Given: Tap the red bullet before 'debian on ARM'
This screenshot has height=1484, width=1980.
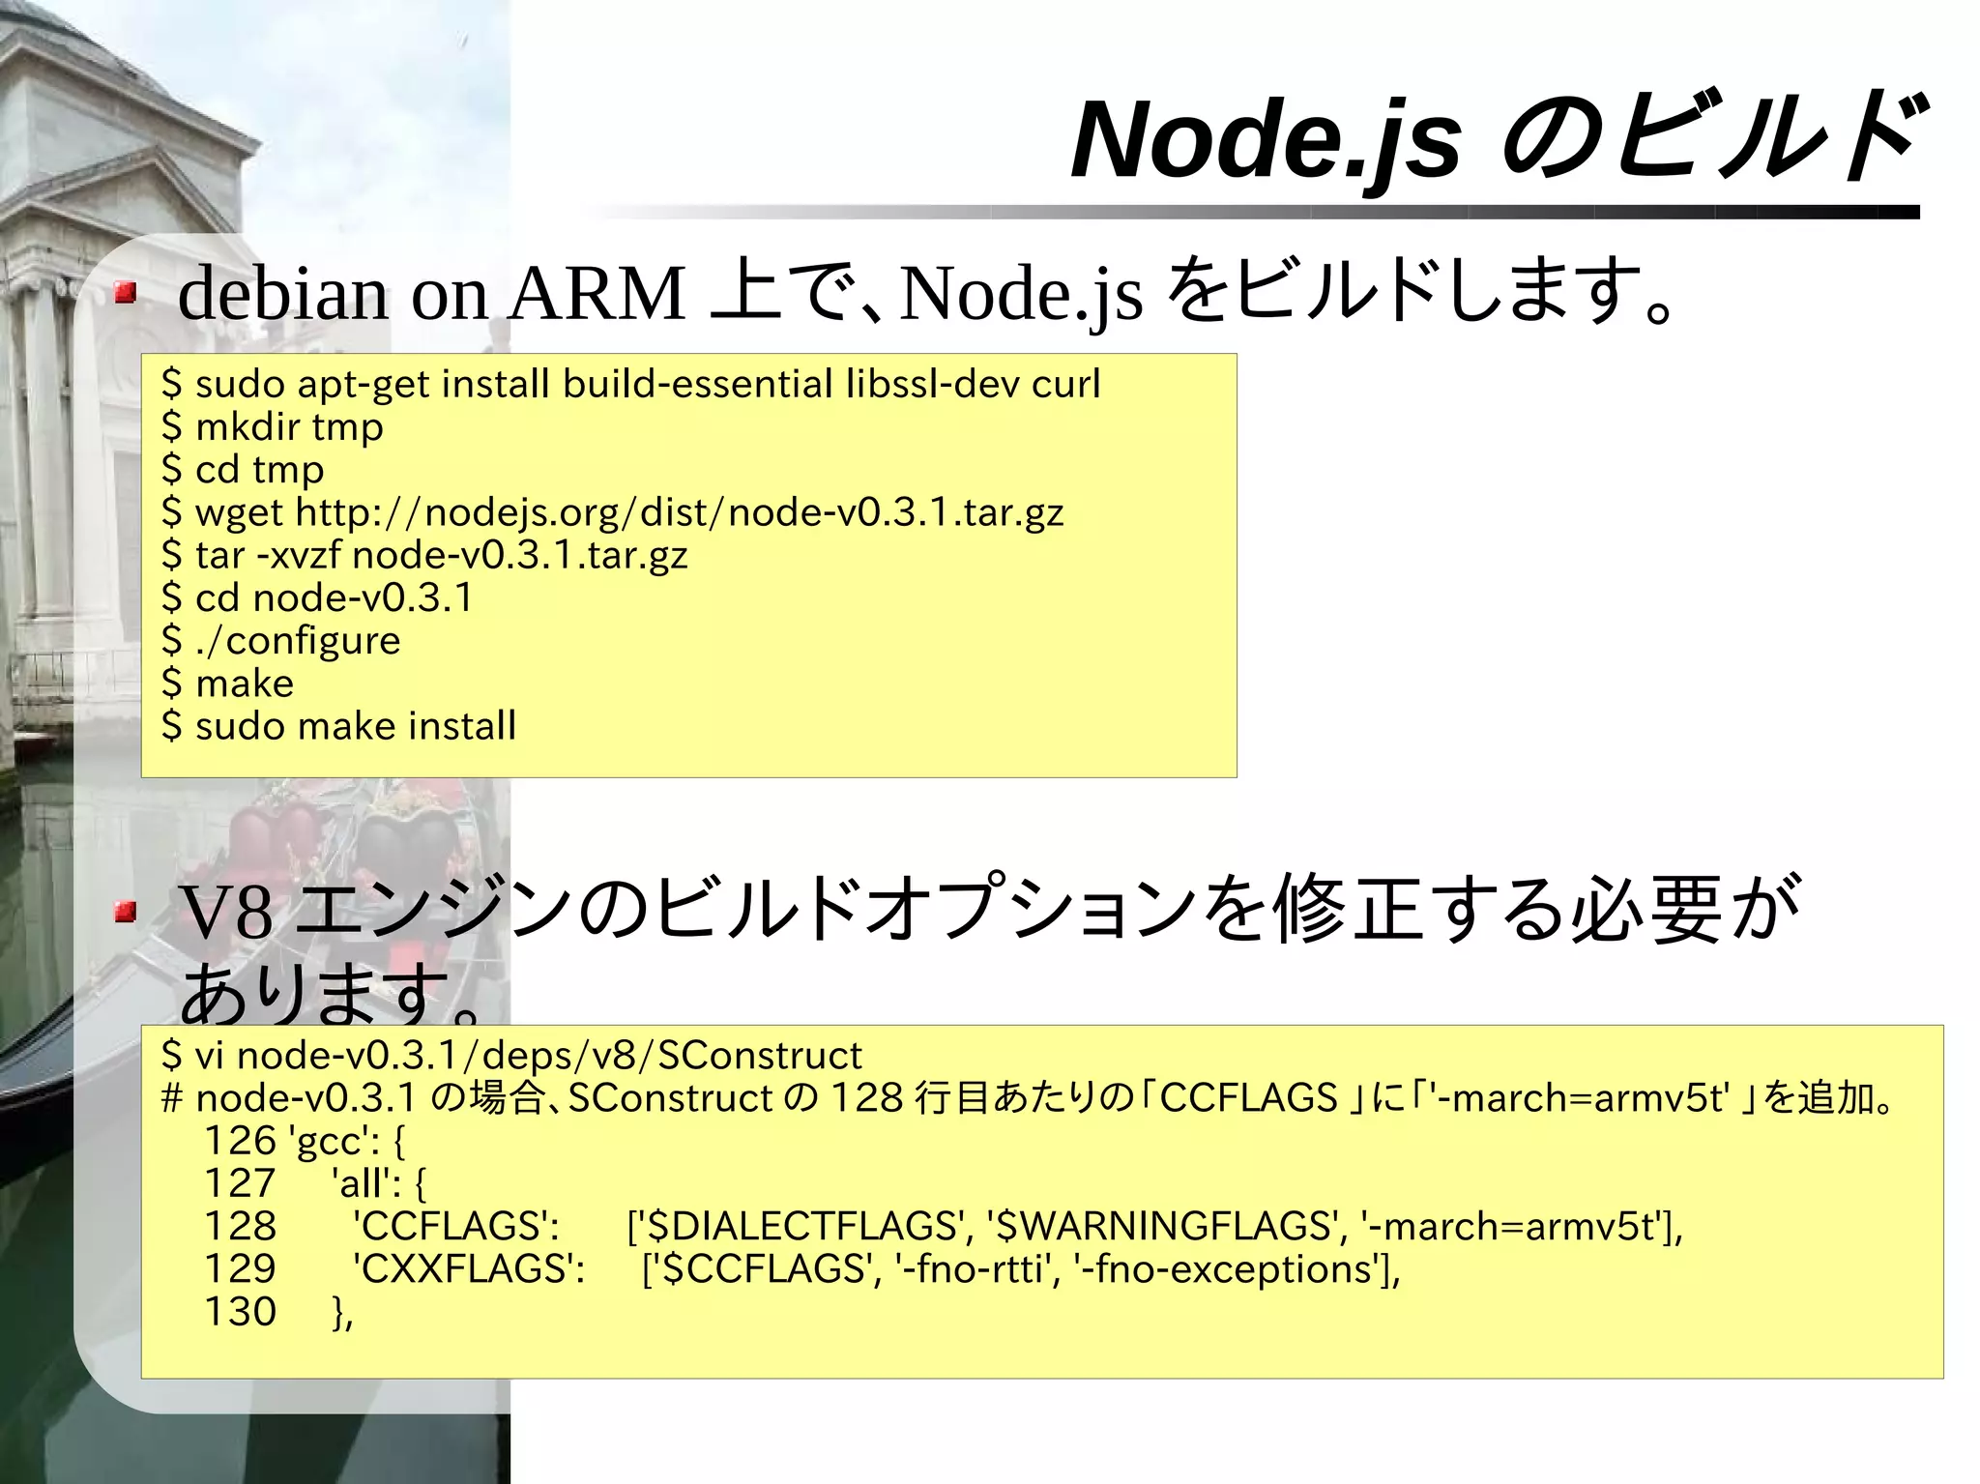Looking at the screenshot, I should tap(125, 292).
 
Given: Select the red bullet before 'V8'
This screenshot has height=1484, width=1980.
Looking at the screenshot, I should tap(125, 911).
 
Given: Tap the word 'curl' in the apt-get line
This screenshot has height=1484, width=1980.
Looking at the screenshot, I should tap(1065, 385).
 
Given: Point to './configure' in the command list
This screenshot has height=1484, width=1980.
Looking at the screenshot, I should tap(298, 641).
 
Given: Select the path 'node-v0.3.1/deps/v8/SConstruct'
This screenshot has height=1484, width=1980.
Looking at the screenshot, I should tap(549, 1056).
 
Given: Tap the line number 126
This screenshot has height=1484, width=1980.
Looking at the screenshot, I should tap(240, 1142).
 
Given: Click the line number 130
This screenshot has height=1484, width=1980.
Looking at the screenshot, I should tap(240, 1312).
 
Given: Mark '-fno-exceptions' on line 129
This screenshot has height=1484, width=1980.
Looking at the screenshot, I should tap(1232, 1269).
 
